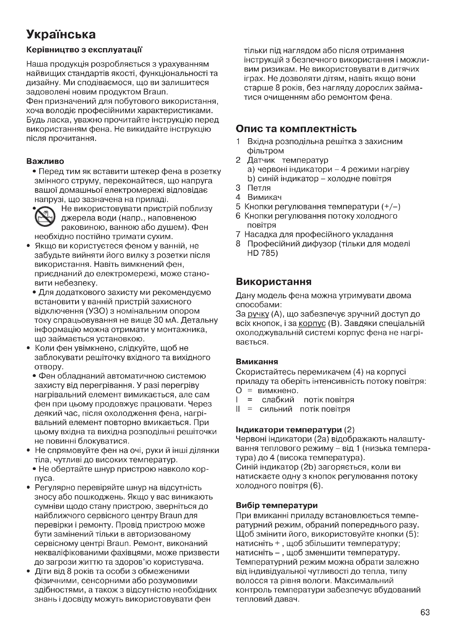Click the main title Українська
pos(61,34)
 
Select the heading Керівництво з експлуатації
pos(84,50)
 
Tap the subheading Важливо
pos(45,161)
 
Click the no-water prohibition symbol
pos(45,217)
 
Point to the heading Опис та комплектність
pos(296,129)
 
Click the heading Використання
pos(273,282)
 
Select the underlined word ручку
pos(258,314)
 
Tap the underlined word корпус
pos(312,324)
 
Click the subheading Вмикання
pos(257,362)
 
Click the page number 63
pos(425,612)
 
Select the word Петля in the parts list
pos(259,188)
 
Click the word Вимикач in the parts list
pos(264,197)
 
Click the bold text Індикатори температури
pos(289,430)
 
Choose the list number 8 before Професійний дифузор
pos(238,244)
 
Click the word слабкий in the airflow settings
pos(278,400)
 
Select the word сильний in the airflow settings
pos(276,409)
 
